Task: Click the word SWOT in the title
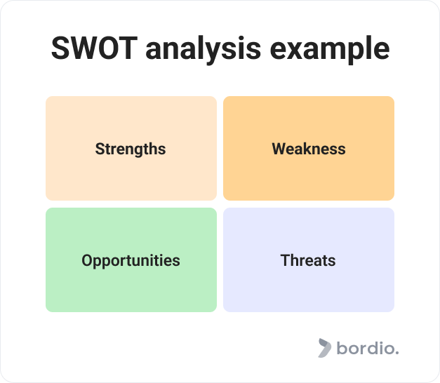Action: pyautogui.click(x=94, y=48)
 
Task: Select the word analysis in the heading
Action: pyautogui.click(x=204, y=50)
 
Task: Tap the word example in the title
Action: pyautogui.click(x=330, y=50)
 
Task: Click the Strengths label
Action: pyautogui.click(x=131, y=149)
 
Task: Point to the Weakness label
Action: pyautogui.click(x=309, y=149)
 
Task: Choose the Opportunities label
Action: pyautogui.click(x=131, y=261)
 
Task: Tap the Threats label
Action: pyautogui.click(x=308, y=260)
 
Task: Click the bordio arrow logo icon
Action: pyautogui.click(x=324, y=348)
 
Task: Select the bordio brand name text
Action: pyautogui.click(x=367, y=348)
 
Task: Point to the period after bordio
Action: pyautogui.click(x=396, y=353)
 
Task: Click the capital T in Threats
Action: pyautogui.click(x=285, y=260)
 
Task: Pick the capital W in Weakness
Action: pyautogui.click(x=280, y=149)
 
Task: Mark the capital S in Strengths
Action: pyautogui.click(x=100, y=149)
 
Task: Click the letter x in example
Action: pyautogui.click(x=298, y=51)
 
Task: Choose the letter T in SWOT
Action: pyautogui.click(x=128, y=48)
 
